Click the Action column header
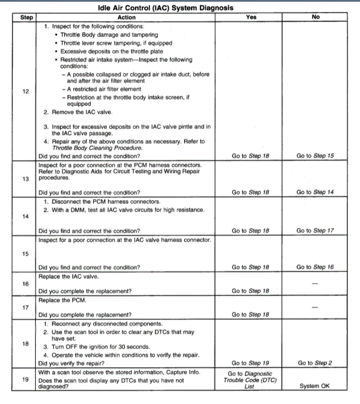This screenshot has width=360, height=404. pos(126,18)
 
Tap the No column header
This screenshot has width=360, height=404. pos(315,18)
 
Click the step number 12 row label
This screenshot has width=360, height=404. pos(26,92)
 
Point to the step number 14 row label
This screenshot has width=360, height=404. pos(26,216)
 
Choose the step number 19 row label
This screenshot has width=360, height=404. pos(26,380)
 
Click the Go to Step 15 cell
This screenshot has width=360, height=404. pos(315,156)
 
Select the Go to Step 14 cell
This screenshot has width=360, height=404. pos(315,192)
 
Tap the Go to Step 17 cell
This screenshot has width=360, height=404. pos(315,230)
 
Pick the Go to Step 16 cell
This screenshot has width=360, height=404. pos(315,267)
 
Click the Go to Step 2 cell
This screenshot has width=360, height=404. pos(315,363)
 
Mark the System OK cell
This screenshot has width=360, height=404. pos(315,386)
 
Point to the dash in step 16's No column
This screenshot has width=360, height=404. pos(315,283)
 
